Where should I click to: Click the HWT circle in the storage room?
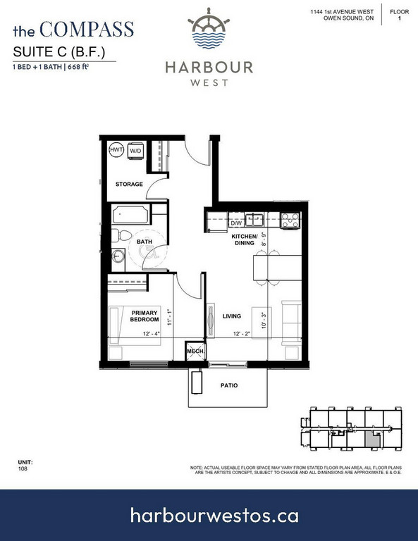click(x=116, y=150)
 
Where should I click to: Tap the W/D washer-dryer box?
click(x=135, y=151)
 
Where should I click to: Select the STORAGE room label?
click(x=129, y=185)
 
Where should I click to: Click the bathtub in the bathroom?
click(x=131, y=215)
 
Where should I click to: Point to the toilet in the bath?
click(x=121, y=236)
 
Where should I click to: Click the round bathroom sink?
click(x=118, y=256)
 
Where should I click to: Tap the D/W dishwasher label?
click(x=236, y=223)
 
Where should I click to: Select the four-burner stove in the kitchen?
click(x=290, y=220)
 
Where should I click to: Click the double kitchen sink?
click(x=254, y=220)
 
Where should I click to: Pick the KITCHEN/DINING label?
click(x=245, y=240)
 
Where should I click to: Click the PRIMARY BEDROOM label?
click(x=145, y=316)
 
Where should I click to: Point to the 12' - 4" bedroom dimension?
click(x=152, y=334)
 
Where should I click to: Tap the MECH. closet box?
click(x=195, y=351)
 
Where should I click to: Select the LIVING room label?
click(x=232, y=316)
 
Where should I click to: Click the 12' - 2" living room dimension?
click(x=242, y=334)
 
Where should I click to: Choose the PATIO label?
click(x=229, y=385)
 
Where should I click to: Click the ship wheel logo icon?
click(x=209, y=28)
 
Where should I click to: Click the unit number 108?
click(x=23, y=468)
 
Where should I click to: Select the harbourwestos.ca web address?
click(x=214, y=516)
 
